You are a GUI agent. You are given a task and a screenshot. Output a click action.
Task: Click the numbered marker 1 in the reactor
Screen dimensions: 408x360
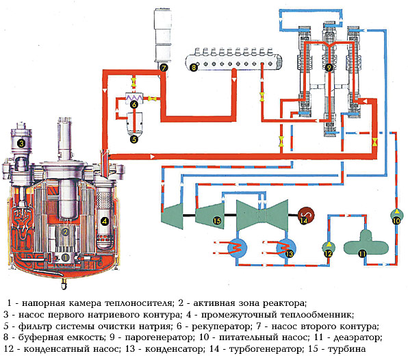[65, 257]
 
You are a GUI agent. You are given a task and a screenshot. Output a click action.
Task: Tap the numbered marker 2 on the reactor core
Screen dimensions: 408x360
[65, 231]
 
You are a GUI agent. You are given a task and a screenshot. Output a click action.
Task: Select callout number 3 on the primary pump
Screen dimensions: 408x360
[21, 143]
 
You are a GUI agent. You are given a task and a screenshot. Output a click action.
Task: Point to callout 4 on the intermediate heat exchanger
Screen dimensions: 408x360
[104, 221]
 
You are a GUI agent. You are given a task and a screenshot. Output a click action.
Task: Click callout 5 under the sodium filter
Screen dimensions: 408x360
[134, 140]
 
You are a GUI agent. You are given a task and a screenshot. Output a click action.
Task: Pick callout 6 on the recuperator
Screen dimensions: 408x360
[134, 104]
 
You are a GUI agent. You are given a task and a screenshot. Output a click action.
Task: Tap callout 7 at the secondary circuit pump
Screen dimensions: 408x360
[164, 68]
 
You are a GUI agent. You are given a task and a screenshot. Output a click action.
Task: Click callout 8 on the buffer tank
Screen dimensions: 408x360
[193, 68]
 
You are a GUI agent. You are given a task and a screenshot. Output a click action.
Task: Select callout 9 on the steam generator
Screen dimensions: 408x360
[329, 68]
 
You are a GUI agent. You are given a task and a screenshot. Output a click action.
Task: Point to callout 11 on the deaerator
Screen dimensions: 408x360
[362, 253]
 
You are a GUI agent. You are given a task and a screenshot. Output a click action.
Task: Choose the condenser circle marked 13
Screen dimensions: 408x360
[286, 248]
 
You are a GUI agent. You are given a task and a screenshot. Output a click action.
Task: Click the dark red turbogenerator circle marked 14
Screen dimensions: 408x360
[306, 216]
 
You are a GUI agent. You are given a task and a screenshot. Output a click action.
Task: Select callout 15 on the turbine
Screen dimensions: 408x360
[217, 221]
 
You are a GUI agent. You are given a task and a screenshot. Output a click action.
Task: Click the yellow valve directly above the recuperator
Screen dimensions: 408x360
[133, 81]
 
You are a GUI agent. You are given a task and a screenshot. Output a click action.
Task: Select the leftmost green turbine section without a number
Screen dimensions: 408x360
[173, 216]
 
